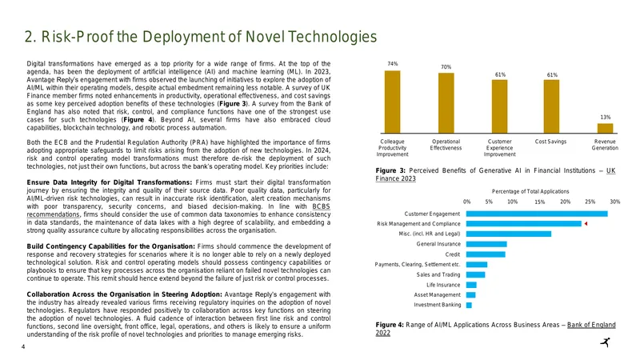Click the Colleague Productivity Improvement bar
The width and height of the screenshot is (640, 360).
[x=392, y=102]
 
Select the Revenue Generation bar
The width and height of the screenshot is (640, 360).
[x=605, y=128]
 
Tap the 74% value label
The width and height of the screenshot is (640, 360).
[x=392, y=64]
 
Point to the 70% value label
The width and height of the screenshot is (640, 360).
[x=446, y=66]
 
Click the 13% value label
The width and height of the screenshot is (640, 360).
[x=606, y=117]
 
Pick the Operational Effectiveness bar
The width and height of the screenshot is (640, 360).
[x=446, y=103]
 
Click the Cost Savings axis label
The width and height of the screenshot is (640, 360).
[x=550, y=142]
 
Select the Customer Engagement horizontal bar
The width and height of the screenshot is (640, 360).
[x=537, y=214]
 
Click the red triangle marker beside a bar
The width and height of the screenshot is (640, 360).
[x=586, y=224]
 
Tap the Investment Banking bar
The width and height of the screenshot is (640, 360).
[x=469, y=305]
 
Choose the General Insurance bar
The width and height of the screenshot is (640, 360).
[x=486, y=244]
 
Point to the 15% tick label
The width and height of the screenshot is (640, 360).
[x=539, y=202]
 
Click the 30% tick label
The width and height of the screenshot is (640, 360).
[x=614, y=202]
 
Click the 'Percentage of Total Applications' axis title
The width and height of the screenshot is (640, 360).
[x=530, y=191]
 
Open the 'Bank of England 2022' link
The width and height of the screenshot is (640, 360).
[x=495, y=329]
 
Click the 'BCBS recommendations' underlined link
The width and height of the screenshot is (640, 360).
[x=178, y=210]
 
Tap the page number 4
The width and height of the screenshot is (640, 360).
[x=23, y=347]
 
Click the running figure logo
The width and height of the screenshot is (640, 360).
[x=606, y=342]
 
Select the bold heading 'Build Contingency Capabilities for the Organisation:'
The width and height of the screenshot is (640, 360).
[x=111, y=246]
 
